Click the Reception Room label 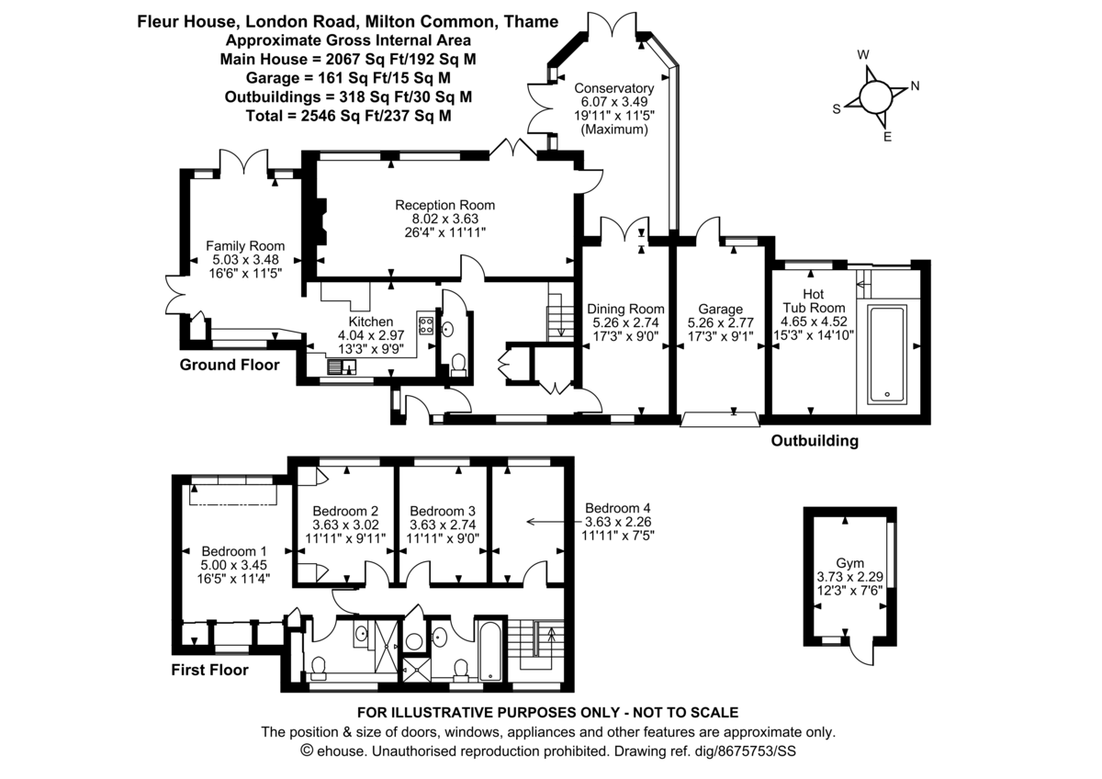pos(444,205)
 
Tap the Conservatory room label pos(613,88)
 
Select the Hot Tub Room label pos(805,295)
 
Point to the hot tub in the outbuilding pos(887,354)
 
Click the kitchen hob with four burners pos(426,324)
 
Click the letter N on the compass pos(915,87)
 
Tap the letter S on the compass pos(837,108)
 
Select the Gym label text pos(849,562)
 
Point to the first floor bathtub pos(489,651)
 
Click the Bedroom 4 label pos(620,508)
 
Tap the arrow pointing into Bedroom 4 pos(551,522)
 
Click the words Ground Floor pos(228,365)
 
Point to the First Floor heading pos(209,670)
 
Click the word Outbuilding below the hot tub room pos(815,441)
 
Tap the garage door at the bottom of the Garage pos(721,420)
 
